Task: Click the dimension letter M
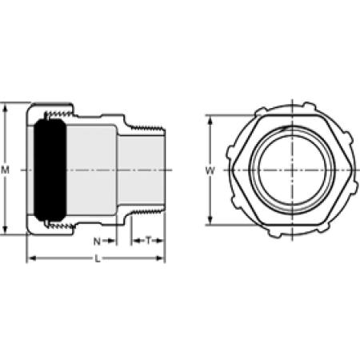pos(5,170)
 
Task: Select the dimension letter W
pos(210,170)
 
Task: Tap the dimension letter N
pos(97,242)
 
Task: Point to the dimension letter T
pos(148,241)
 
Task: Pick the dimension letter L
pos(98,258)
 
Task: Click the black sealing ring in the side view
pos(50,170)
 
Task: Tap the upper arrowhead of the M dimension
pos(5,108)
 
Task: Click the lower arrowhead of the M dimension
pos(5,230)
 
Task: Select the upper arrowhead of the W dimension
pos(210,121)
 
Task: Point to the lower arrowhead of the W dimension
pos(210,220)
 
